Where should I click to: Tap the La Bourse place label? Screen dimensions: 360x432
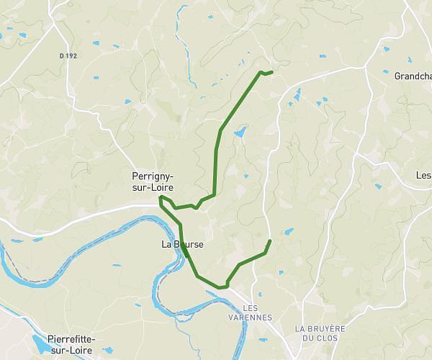(x=182, y=245)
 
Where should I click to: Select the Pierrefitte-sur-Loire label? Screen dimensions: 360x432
(x=71, y=343)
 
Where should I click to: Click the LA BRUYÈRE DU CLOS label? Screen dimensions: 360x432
(x=320, y=333)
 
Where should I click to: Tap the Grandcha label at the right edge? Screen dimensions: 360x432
(x=413, y=76)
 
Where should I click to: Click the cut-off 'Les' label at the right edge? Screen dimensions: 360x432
(x=423, y=176)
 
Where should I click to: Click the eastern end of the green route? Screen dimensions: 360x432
(x=269, y=240)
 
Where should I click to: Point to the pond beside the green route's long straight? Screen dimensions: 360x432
(x=239, y=132)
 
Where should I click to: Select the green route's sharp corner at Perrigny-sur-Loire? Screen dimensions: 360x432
(x=161, y=197)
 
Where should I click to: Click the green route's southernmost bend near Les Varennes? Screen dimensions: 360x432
(x=225, y=287)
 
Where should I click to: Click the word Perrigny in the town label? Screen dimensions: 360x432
(x=153, y=176)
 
